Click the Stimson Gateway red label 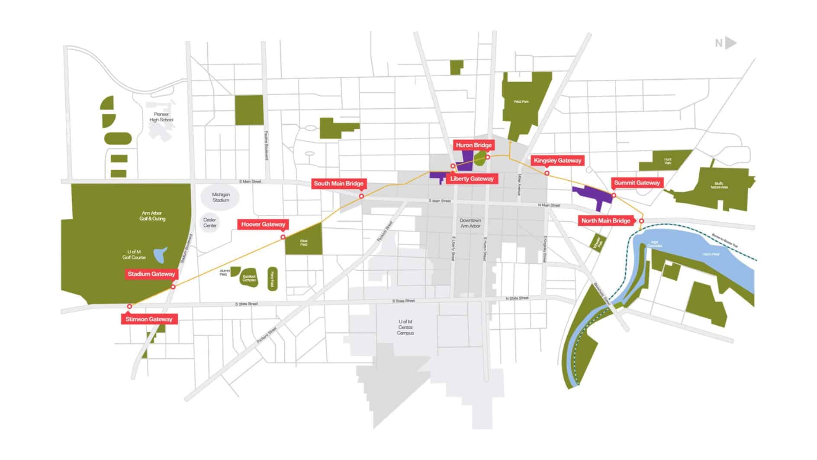[149, 319]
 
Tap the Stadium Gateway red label [151, 274]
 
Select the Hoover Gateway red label [263, 224]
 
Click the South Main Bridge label [338, 184]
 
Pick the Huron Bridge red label [473, 145]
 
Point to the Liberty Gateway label [472, 178]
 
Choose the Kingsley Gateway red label [557, 161]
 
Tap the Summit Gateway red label [637, 183]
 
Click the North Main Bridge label [605, 221]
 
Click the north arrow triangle [730, 43]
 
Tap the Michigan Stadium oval [221, 198]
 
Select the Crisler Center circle [210, 223]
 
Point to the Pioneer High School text [161, 117]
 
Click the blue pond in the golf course [161, 255]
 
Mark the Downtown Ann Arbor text [470, 223]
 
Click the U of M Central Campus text [405, 327]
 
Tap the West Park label [521, 102]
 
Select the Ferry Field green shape [272, 279]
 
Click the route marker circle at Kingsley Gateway [547, 173]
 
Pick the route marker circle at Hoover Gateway [283, 237]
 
